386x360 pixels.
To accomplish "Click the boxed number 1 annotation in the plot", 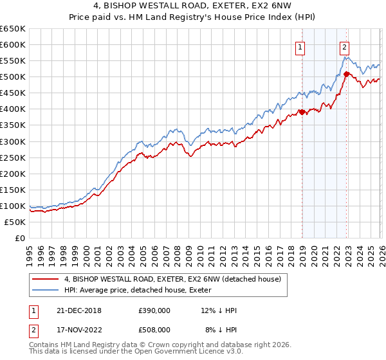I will pos(300,46).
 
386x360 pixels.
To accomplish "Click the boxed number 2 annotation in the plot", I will pos(345,46).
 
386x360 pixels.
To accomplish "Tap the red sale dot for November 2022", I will pos(346,75).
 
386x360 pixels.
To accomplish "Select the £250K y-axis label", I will pos(13,157).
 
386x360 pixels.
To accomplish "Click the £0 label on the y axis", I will pos(19,238).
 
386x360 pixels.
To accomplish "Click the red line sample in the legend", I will pos(45,280).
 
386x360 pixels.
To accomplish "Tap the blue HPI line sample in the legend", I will pos(45,291).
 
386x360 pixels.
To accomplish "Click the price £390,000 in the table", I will pos(154,310).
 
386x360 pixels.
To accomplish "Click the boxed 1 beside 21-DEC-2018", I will pos(33,310).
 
